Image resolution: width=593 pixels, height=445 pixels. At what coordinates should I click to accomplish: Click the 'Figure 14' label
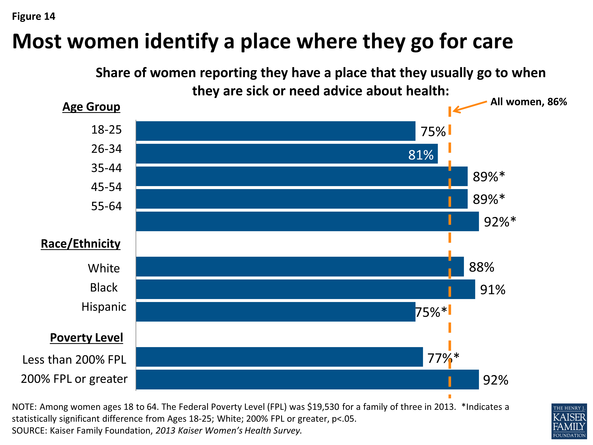[34, 16]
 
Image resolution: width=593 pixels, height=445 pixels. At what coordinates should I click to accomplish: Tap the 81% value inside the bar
[421, 155]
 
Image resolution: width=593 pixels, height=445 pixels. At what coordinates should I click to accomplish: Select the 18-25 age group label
[106, 130]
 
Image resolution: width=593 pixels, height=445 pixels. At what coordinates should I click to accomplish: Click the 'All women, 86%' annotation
[528, 102]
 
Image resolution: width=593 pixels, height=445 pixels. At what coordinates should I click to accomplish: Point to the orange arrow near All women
[469, 106]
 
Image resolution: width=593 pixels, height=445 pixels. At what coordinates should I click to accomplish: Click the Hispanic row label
[104, 307]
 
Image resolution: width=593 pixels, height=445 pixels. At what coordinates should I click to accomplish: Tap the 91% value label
[492, 290]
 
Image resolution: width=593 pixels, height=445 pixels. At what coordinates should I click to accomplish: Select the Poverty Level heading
[86, 337]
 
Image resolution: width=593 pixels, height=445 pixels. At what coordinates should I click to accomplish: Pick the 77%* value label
[443, 358]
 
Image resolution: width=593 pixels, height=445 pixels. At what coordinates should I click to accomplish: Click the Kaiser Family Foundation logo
[569, 421]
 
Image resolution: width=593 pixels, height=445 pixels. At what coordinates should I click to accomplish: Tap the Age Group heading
[91, 107]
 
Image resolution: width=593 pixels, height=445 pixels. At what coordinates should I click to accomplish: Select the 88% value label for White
[481, 267]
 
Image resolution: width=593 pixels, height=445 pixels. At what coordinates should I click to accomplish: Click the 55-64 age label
[106, 206]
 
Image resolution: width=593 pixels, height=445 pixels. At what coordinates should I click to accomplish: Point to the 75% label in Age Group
[433, 132]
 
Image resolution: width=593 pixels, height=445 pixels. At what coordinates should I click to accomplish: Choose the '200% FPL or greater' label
[74, 379]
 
